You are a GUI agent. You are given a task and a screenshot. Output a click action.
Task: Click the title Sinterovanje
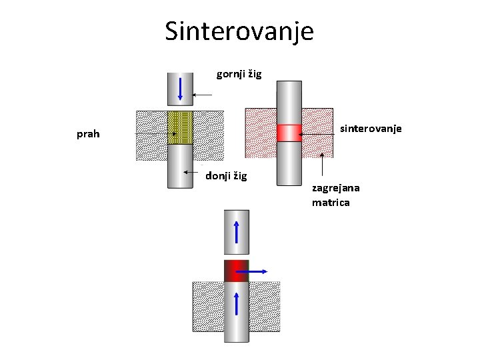tap(239, 31)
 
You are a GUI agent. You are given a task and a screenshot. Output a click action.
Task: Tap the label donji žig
tap(226, 176)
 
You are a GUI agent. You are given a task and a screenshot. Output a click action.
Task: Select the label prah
tap(88, 134)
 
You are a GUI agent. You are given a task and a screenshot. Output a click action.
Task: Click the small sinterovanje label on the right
tap(371, 128)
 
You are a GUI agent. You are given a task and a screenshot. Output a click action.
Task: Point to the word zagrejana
tap(335, 189)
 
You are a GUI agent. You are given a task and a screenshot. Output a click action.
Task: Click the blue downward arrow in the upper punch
tap(180, 89)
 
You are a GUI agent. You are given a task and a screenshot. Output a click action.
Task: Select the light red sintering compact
tap(289, 133)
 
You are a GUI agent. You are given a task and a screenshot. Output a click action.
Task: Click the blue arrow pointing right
tap(253, 271)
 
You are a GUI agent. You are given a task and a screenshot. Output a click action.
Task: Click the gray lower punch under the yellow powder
tap(180, 167)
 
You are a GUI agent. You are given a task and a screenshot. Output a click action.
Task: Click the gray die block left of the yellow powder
tap(151, 135)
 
